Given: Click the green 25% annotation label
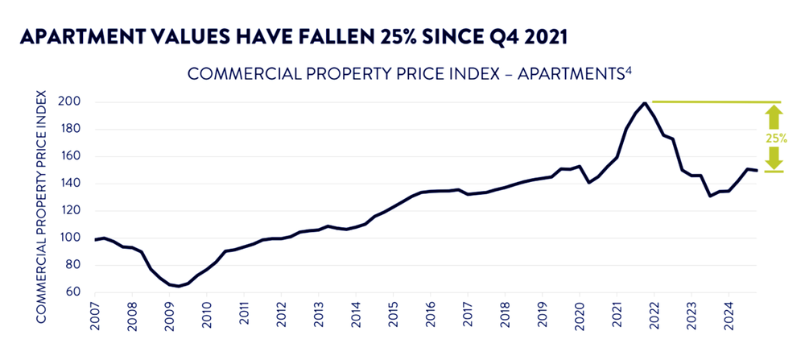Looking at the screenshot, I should tap(776, 138).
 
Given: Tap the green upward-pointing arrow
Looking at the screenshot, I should tap(774, 118).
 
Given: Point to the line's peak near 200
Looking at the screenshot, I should tap(645, 103).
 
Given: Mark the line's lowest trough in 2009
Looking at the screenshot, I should tap(179, 286).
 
